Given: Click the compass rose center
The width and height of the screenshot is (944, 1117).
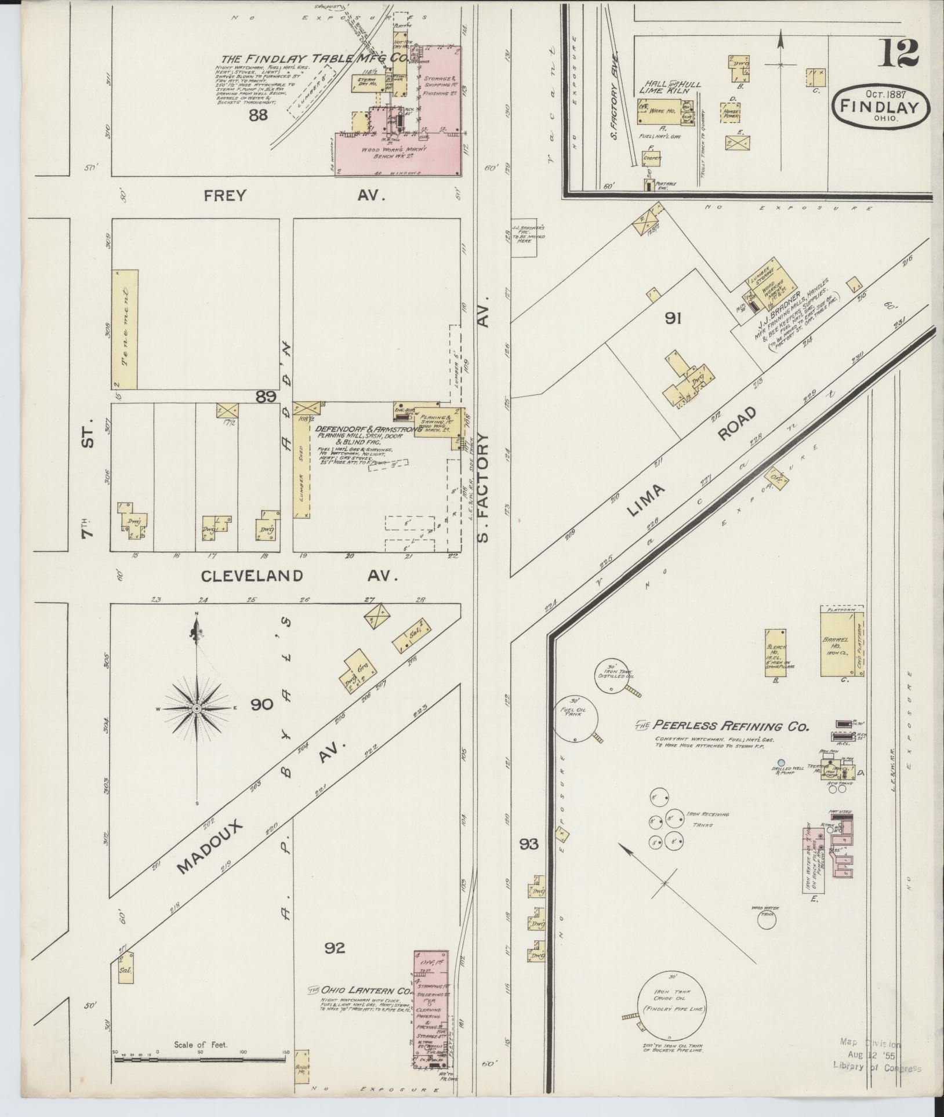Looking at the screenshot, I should point(197,708).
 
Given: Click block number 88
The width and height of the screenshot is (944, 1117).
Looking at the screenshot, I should point(258,115).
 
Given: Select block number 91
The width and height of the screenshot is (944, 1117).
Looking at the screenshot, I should point(673,318).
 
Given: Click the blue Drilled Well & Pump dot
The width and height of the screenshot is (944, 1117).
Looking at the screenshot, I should point(781,762).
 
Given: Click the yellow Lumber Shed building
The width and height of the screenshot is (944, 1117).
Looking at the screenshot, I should point(302,466).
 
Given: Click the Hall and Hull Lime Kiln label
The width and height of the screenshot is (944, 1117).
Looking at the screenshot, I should point(670,88).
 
